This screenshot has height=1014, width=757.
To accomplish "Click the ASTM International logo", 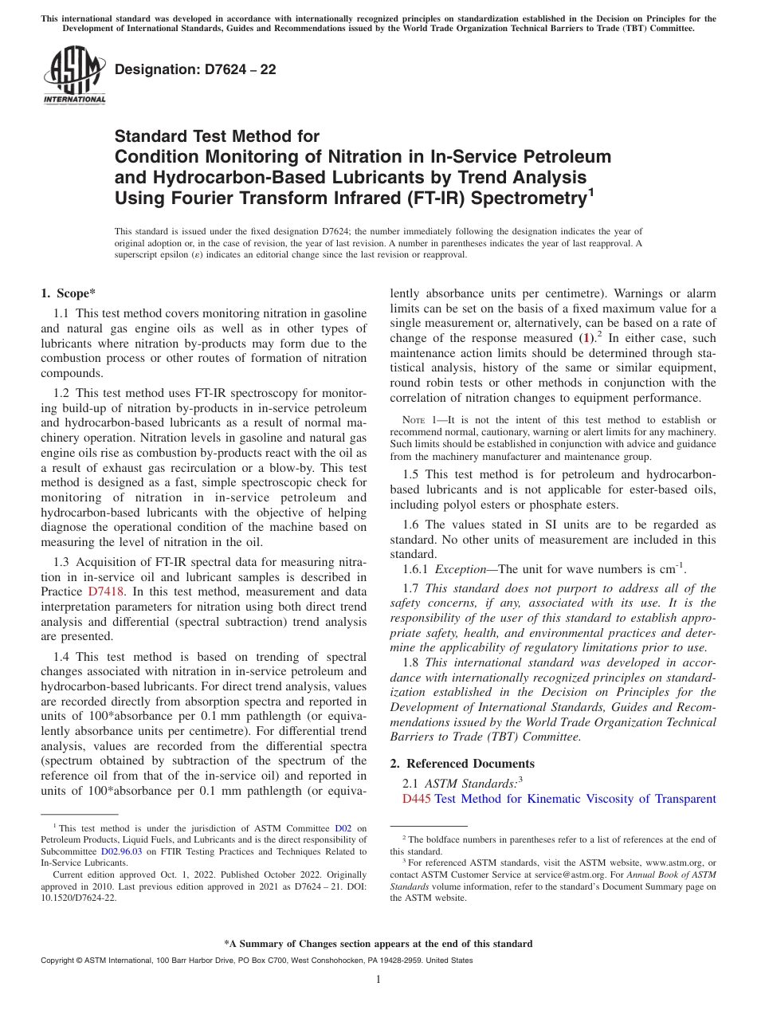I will (74, 75).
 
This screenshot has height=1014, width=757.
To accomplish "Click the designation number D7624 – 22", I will (195, 69).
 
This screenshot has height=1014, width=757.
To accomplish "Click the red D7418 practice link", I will (101, 592).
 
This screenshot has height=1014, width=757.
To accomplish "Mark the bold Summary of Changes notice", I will (378, 944).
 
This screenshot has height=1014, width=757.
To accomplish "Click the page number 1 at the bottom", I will (378, 980).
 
